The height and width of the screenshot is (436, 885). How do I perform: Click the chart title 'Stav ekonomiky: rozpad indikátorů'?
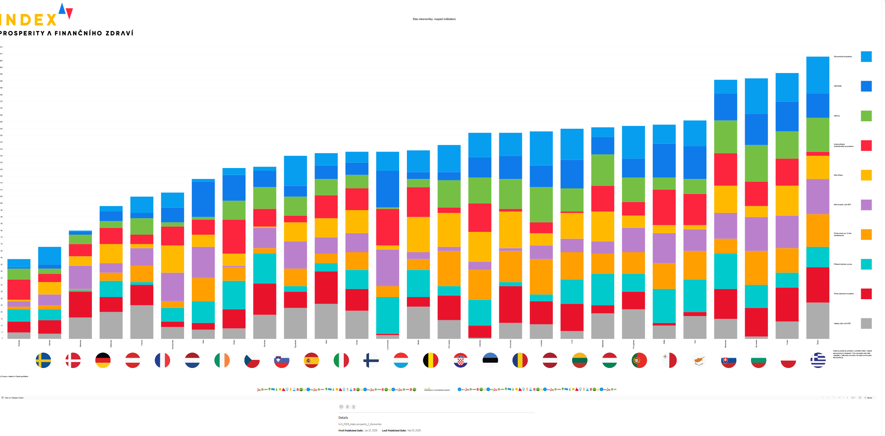434,19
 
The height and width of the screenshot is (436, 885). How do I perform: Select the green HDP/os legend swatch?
866,116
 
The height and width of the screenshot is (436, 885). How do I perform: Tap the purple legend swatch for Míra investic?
866,205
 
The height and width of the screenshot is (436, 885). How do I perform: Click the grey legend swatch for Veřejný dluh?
866,323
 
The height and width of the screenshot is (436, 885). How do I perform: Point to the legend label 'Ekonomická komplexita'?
843,56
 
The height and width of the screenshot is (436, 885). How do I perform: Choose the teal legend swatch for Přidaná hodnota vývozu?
866,264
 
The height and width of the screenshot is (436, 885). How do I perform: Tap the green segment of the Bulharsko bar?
756,163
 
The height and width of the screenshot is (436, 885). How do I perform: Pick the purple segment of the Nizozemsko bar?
172,287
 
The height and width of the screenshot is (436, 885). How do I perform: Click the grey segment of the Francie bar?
142,322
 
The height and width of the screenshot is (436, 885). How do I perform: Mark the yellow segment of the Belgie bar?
418,234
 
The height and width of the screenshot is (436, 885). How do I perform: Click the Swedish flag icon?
43,360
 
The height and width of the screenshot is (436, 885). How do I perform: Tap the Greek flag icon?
818,360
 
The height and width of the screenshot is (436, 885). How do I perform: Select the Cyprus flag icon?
699,360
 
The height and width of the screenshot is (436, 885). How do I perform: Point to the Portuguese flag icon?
639,360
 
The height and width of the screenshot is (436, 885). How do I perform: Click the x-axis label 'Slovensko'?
725,344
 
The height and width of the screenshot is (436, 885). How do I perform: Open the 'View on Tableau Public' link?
14,398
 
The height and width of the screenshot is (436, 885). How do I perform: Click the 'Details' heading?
343,418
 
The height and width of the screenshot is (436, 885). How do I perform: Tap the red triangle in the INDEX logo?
69,13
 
